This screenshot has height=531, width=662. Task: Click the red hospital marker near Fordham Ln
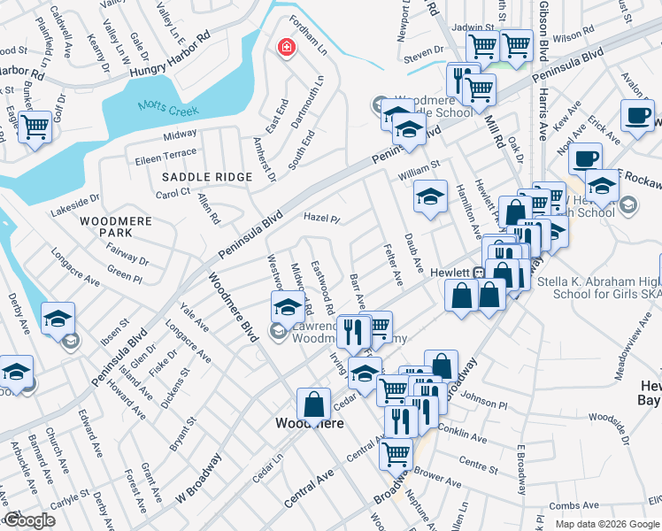click(285, 47)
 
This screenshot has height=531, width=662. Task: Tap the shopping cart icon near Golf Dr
click(35, 127)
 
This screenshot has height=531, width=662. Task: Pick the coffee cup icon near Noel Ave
click(585, 159)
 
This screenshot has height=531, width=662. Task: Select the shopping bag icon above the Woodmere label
click(313, 404)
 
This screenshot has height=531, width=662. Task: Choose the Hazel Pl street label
click(322, 218)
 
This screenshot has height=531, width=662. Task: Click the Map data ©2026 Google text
click(607, 524)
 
